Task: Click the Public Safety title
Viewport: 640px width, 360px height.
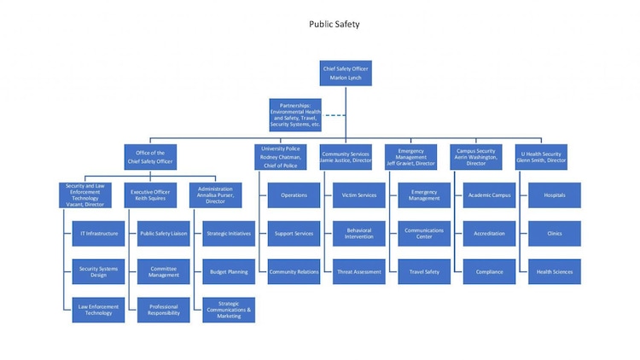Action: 334,24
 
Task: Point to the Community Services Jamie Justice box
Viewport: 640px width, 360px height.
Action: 346,157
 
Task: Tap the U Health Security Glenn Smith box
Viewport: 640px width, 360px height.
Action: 542,157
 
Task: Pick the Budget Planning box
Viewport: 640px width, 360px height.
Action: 229,272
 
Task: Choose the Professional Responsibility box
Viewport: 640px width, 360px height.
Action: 163,310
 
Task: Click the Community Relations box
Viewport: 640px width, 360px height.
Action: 294,272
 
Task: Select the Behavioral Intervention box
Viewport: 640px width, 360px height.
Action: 359,233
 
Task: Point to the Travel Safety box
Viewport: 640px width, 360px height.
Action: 424,272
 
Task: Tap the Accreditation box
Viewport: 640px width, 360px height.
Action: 489,233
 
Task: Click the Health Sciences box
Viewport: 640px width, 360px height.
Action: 555,272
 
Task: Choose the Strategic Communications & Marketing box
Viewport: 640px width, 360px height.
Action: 229,310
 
